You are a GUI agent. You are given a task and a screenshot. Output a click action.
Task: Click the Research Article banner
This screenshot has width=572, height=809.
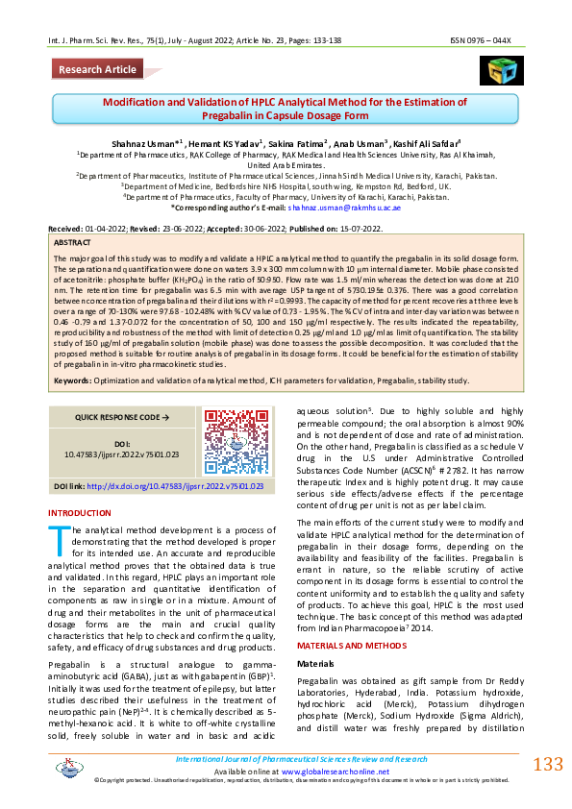(98, 70)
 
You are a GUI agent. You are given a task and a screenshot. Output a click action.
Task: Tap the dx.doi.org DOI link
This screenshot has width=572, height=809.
(176, 486)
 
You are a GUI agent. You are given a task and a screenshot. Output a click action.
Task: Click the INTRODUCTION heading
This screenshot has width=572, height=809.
(80, 513)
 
